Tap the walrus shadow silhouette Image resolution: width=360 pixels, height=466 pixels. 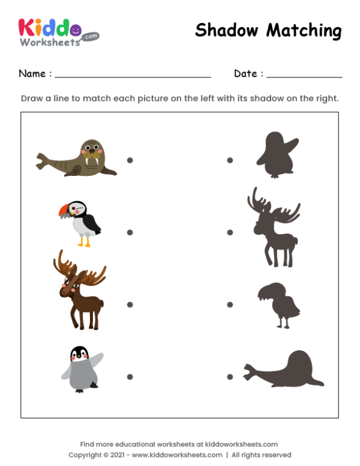click(x=283, y=369)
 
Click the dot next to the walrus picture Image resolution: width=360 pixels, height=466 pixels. click(x=130, y=160)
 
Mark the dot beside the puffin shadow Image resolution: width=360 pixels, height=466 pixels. click(x=229, y=304)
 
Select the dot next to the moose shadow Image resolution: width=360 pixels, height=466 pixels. click(x=229, y=232)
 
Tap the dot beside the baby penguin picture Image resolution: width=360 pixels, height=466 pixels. click(x=130, y=377)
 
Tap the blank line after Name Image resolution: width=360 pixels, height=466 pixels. click(x=133, y=77)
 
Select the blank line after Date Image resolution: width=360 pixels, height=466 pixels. click(x=304, y=77)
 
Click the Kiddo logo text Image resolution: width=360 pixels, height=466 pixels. click(x=48, y=26)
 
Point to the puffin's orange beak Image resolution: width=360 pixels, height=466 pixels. click(x=63, y=211)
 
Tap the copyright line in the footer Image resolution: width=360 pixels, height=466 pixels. click(x=180, y=455)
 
